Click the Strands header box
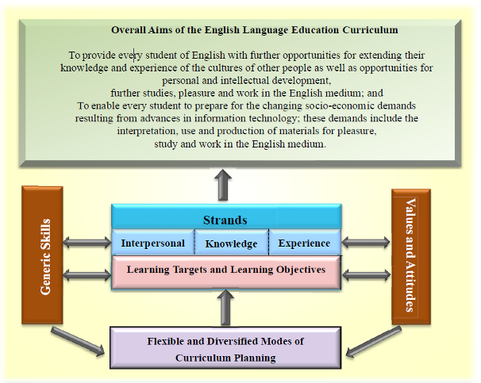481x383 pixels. (226, 216)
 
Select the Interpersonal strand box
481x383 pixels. (153, 242)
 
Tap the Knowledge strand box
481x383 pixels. (232, 243)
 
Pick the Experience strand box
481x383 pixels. (305, 242)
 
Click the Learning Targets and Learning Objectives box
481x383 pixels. (226, 273)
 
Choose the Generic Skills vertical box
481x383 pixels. (42, 255)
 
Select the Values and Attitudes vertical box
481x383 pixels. (411, 257)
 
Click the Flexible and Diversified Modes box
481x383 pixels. (225, 348)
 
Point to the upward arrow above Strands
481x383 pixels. (223, 185)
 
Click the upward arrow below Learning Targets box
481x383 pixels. (225, 308)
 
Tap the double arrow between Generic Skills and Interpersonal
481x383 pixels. (87, 243)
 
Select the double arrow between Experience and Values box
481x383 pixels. (366, 243)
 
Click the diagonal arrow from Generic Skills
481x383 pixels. (78, 341)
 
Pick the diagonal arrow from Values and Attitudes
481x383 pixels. (373, 342)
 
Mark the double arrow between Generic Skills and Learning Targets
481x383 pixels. (87, 275)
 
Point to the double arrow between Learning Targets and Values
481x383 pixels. (366, 275)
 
